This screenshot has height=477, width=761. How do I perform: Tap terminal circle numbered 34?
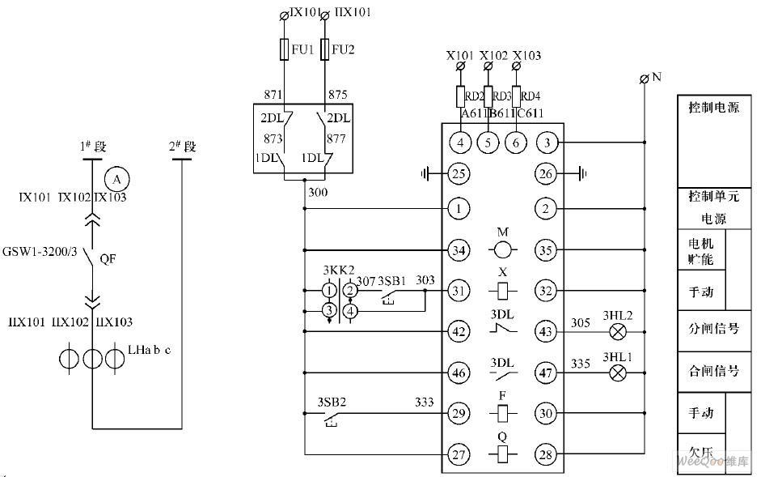pyautogui.click(x=459, y=250)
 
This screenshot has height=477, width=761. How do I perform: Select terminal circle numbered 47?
pyautogui.click(x=546, y=373)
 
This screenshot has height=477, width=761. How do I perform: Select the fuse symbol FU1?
pyautogui.click(x=284, y=50)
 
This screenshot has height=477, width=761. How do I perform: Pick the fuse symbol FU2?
pyautogui.click(x=324, y=50)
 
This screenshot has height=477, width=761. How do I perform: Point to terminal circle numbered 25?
pyautogui.click(x=459, y=172)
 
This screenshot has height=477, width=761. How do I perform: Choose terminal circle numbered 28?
pyautogui.click(x=546, y=455)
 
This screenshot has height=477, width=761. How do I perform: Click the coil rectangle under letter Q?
pyautogui.click(x=503, y=455)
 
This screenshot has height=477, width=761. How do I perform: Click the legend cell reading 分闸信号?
pyautogui.click(x=713, y=330)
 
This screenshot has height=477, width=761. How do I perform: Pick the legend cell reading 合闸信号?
pyautogui.click(x=713, y=371)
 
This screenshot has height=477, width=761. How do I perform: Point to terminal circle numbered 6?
pyautogui.click(x=515, y=143)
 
